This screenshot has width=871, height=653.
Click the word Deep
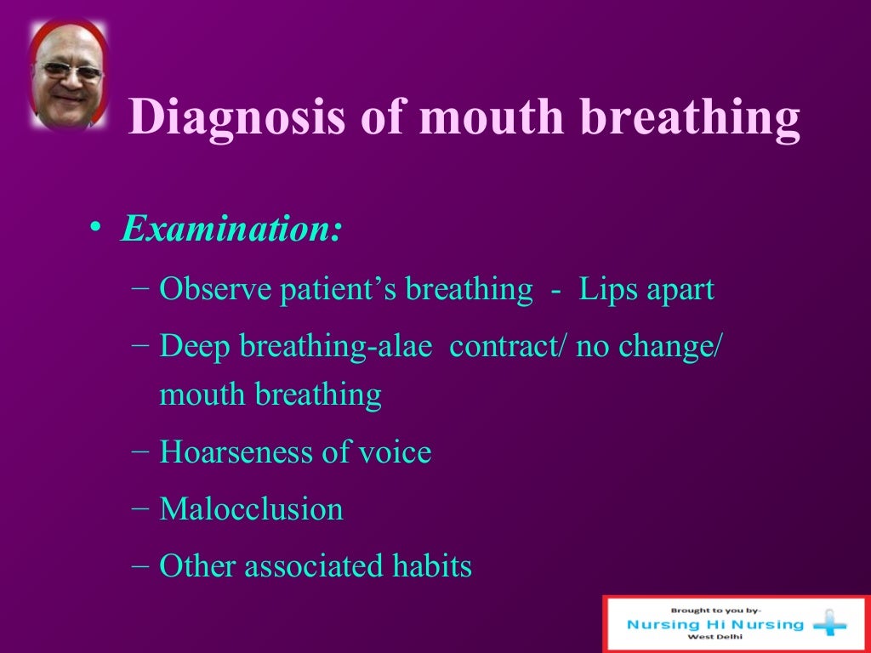pos(193,347)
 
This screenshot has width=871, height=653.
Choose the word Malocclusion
pos(251,509)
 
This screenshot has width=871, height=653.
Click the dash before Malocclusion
pos(142,508)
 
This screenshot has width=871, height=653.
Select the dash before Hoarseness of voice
pos(142,451)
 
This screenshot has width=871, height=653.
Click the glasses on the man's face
pos(69,71)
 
